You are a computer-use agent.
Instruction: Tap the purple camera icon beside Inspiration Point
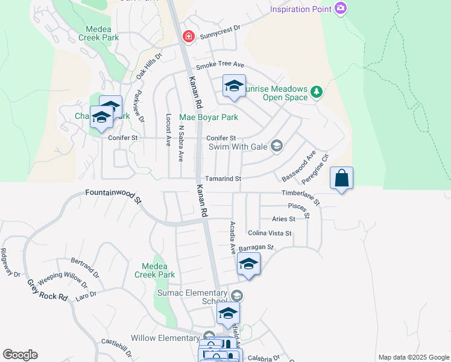[x=341, y=8]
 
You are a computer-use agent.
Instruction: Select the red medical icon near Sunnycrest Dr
[x=189, y=37]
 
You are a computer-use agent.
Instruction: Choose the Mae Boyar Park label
[x=209, y=117]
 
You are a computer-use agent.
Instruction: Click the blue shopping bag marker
[x=341, y=179]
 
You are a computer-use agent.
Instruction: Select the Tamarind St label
[x=222, y=179]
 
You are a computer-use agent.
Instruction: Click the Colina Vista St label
[x=270, y=233]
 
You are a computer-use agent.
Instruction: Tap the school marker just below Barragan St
[x=248, y=264]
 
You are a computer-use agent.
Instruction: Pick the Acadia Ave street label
[x=232, y=237]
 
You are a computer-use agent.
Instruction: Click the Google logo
[x=20, y=355]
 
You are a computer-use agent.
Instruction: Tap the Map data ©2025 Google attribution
[x=413, y=357]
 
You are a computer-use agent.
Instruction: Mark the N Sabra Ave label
[x=180, y=144]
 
